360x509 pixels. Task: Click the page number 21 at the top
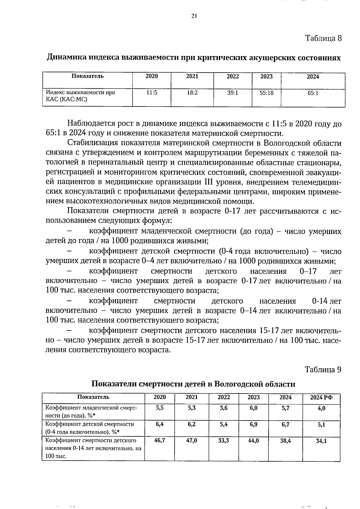coord(193,16)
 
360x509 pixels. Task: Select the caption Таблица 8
coord(323,38)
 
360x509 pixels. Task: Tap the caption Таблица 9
coord(323,369)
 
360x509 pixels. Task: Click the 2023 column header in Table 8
coord(266,76)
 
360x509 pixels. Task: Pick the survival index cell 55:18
coord(266,93)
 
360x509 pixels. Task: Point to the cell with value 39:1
coord(232,93)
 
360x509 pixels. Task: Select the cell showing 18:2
coord(192,93)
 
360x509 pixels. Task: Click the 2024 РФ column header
coord(321,397)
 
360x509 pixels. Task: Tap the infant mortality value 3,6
coord(223,408)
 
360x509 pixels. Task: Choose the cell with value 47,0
coord(192,441)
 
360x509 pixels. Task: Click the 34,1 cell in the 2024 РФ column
coord(321,441)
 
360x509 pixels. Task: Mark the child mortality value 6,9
coord(253,424)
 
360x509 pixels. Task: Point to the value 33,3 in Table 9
coord(223,441)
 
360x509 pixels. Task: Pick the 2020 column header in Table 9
coord(160,397)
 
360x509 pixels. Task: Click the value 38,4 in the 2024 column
coord(285,441)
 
